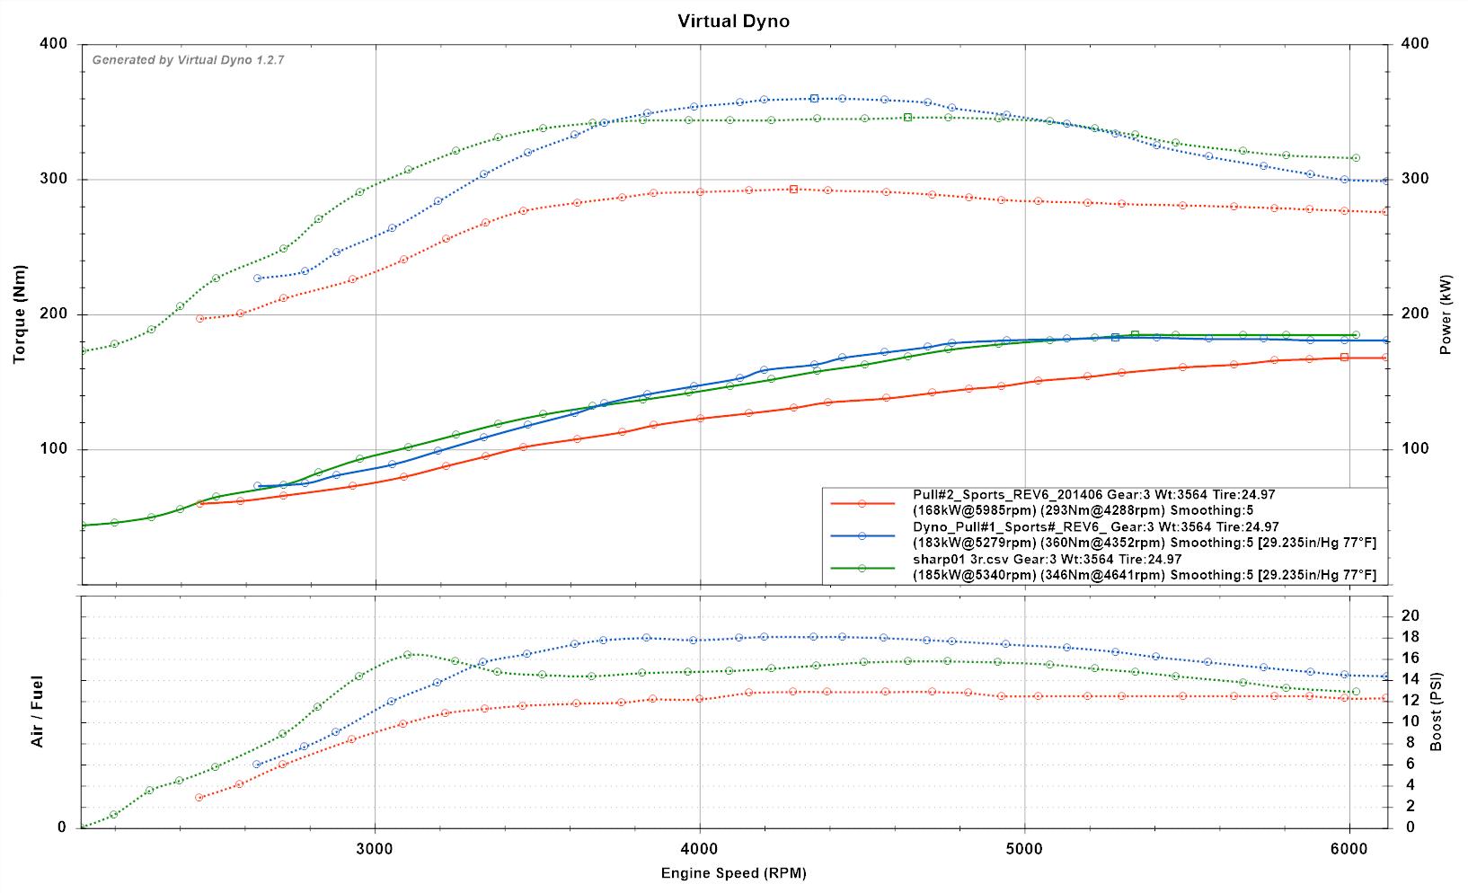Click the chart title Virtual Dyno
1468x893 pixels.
tap(733, 21)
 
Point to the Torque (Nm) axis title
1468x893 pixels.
tap(20, 314)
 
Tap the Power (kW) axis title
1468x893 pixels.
tap(1446, 314)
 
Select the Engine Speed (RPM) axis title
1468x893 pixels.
tap(733, 873)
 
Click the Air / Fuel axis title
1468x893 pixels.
tap(38, 712)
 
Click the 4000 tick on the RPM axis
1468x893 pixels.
tap(700, 847)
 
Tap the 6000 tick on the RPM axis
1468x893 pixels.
tap(1349, 847)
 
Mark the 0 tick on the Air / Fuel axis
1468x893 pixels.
tap(62, 827)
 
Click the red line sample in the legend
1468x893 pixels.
tap(862, 504)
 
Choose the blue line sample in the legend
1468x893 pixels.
tap(862, 535)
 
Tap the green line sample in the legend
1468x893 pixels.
tap(862, 568)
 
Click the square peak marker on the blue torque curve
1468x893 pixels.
tap(814, 98)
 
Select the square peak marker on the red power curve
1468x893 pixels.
tap(1344, 357)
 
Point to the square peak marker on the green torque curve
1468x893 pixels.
tap(907, 117)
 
